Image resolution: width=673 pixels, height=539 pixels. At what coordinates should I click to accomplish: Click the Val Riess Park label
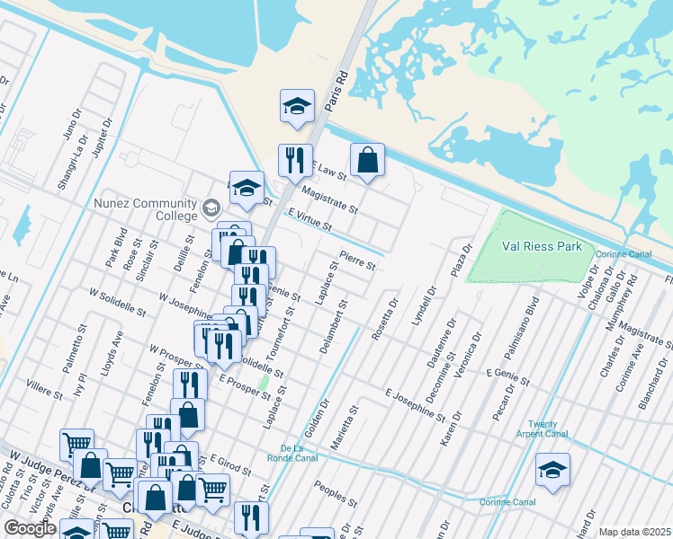[542, 246]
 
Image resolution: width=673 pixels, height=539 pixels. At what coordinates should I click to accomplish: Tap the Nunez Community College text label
[146, 209]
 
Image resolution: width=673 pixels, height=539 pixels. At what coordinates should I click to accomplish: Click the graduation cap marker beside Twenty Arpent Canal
[552, 469]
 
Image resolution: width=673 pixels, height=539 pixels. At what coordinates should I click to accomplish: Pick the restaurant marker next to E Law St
[295, 161]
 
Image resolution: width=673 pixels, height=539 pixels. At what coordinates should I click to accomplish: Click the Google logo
[30, 528]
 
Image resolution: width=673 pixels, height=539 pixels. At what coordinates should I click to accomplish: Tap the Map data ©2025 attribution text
[634, 532]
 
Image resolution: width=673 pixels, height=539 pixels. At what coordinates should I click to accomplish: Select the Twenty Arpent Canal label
[548, 429]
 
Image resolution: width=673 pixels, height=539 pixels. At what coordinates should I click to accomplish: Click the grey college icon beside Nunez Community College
[211, 209]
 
